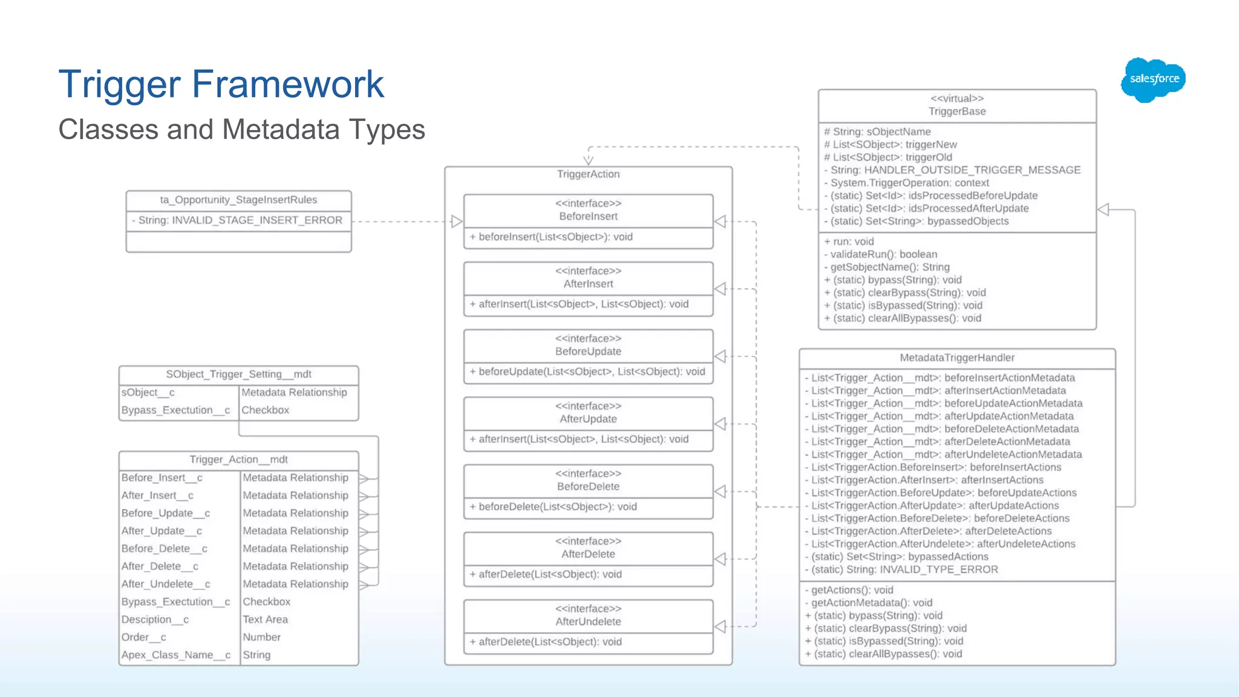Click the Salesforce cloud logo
[x=1153, y=79]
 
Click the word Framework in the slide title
[x=287, y=84]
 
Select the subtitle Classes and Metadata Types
[x=241, y=129]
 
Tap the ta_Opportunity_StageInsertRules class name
[x=238, y=200]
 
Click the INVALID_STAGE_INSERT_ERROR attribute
[x=240, y=220]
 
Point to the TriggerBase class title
[x=957, y=111]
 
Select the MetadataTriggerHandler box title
[x=957, y=358]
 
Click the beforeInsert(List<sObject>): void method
[x=555, y=237]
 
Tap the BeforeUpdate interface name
[x=588, y=352]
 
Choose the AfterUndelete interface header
[x=588, y=621]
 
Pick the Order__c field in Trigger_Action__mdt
[x=143, y=637]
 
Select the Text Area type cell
[x=265, y=620]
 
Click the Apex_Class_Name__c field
[x=175, y=655]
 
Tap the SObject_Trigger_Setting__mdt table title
[x=238, y=374]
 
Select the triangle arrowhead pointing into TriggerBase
[x=1103, y=210]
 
